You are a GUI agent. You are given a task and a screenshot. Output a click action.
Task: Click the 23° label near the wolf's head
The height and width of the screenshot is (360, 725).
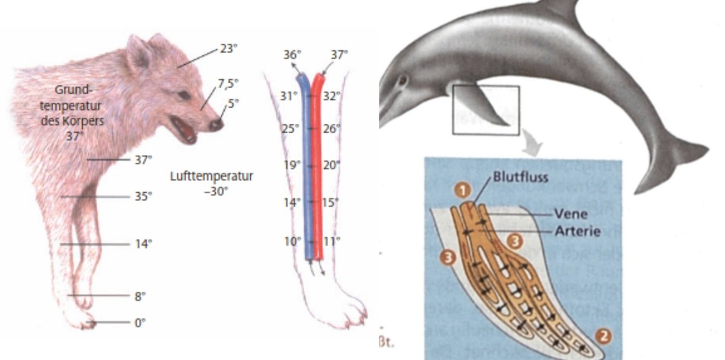click(228, 49)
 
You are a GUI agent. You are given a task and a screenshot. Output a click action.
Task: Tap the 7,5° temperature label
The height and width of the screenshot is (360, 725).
click(228, 82)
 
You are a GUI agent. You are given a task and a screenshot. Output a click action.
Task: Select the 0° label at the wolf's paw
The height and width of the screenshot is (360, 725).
click(140, 323)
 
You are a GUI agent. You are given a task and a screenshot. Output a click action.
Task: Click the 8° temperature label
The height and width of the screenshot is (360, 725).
click(140, 297)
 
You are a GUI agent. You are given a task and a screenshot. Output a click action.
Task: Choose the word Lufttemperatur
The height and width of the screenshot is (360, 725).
click(211, 176)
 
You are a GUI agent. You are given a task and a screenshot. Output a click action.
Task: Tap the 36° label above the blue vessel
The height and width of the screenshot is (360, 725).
click(291, 55)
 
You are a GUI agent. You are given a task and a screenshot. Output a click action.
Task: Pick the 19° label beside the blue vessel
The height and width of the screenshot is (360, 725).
click(292, 164)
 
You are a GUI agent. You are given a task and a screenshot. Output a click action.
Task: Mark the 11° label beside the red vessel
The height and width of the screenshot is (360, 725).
click(331, 241)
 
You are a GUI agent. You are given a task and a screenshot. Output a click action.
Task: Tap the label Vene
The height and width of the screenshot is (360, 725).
click(565, 214)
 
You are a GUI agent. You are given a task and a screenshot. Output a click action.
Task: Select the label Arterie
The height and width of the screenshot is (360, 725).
click(574, 231)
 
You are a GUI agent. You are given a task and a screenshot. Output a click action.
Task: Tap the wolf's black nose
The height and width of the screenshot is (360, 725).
click(215, 124)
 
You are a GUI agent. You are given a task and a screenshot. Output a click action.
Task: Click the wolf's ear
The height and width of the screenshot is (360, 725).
click(139, 52)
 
